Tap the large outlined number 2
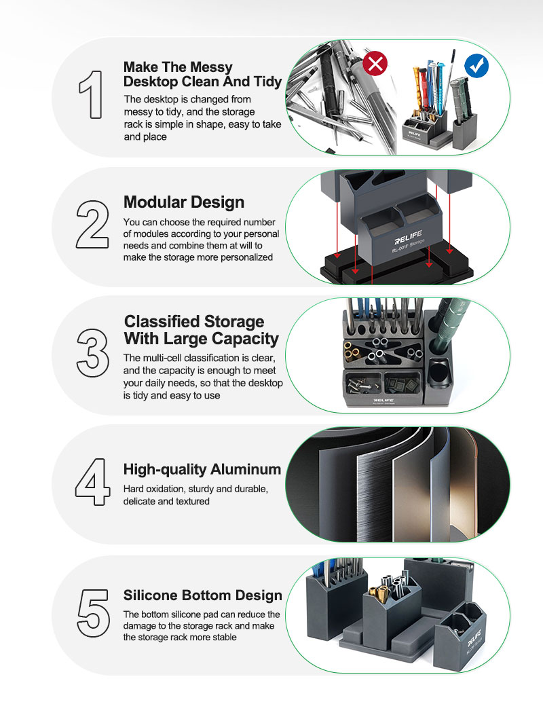pos(92,224)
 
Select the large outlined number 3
pos(92,352)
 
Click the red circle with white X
pos(375,63)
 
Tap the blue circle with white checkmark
pos(476,66)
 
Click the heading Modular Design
pos(184,202)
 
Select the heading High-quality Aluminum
pos(202,469)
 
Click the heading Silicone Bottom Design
pos(202,595)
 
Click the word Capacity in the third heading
pos(245,339)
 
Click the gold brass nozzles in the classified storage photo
pos(352,350)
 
